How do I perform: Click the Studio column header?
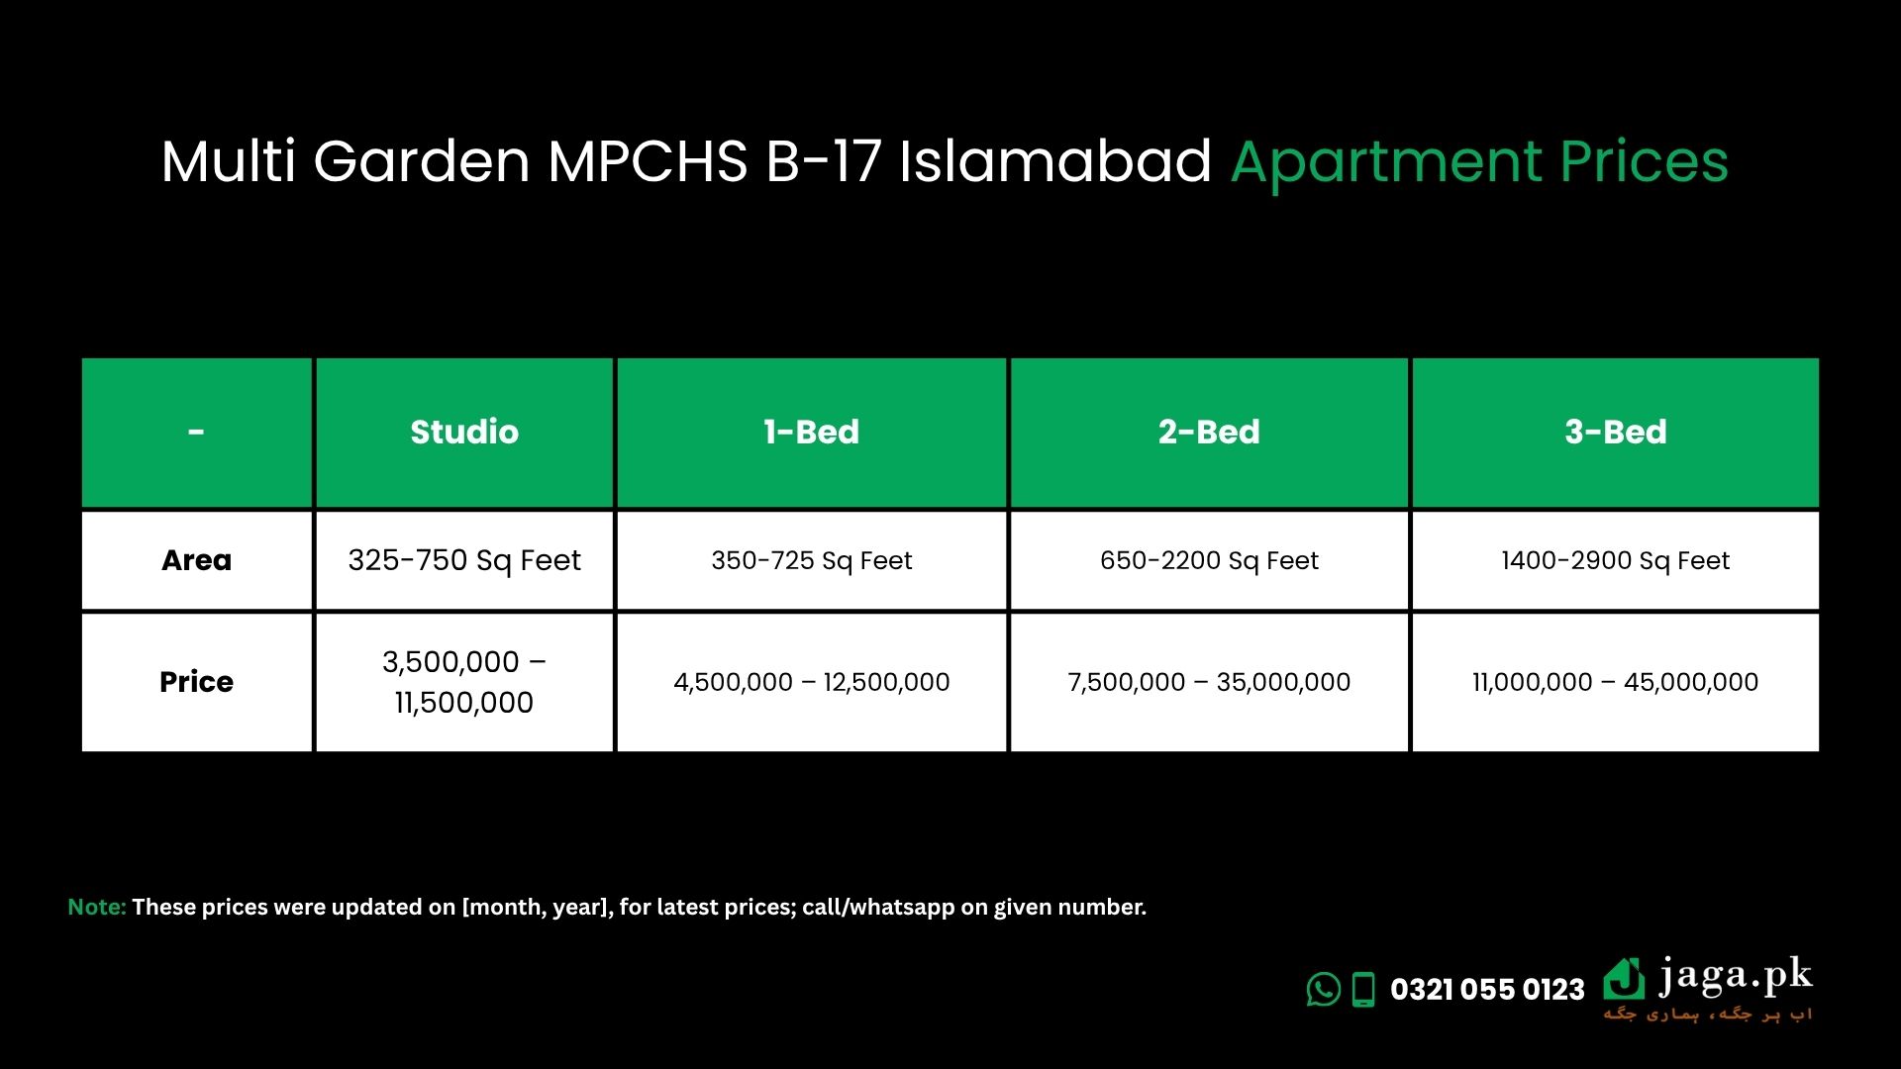tap(464, 433)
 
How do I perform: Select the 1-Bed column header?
tap(811, 433)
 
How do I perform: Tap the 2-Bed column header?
tap(1209, 433)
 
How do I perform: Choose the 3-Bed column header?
tap(1616, 433)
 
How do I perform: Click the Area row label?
tap(196, 560)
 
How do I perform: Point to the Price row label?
tap(196, 682)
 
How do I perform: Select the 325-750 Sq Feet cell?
tap(464, 561)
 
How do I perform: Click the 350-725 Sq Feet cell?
tap(811, 561)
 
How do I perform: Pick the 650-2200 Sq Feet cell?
tap(1209, 561)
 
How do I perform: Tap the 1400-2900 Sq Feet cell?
tap(1616, 561)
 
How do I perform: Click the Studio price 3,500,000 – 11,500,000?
tap(464, 682)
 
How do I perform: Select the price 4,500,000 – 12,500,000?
tap(812, 682)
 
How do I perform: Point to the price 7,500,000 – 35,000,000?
tap(1209, 682)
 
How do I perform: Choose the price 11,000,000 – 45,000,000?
tap(1616, 682)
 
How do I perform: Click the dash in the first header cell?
tap(196, 433)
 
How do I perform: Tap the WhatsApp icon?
tap(1324, 989)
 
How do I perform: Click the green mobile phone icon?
tap(1364, 990)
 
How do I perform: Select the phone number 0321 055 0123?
tap(1487, 990)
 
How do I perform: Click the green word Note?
tap(97, 907)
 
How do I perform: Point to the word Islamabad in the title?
tap(1055, 160)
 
